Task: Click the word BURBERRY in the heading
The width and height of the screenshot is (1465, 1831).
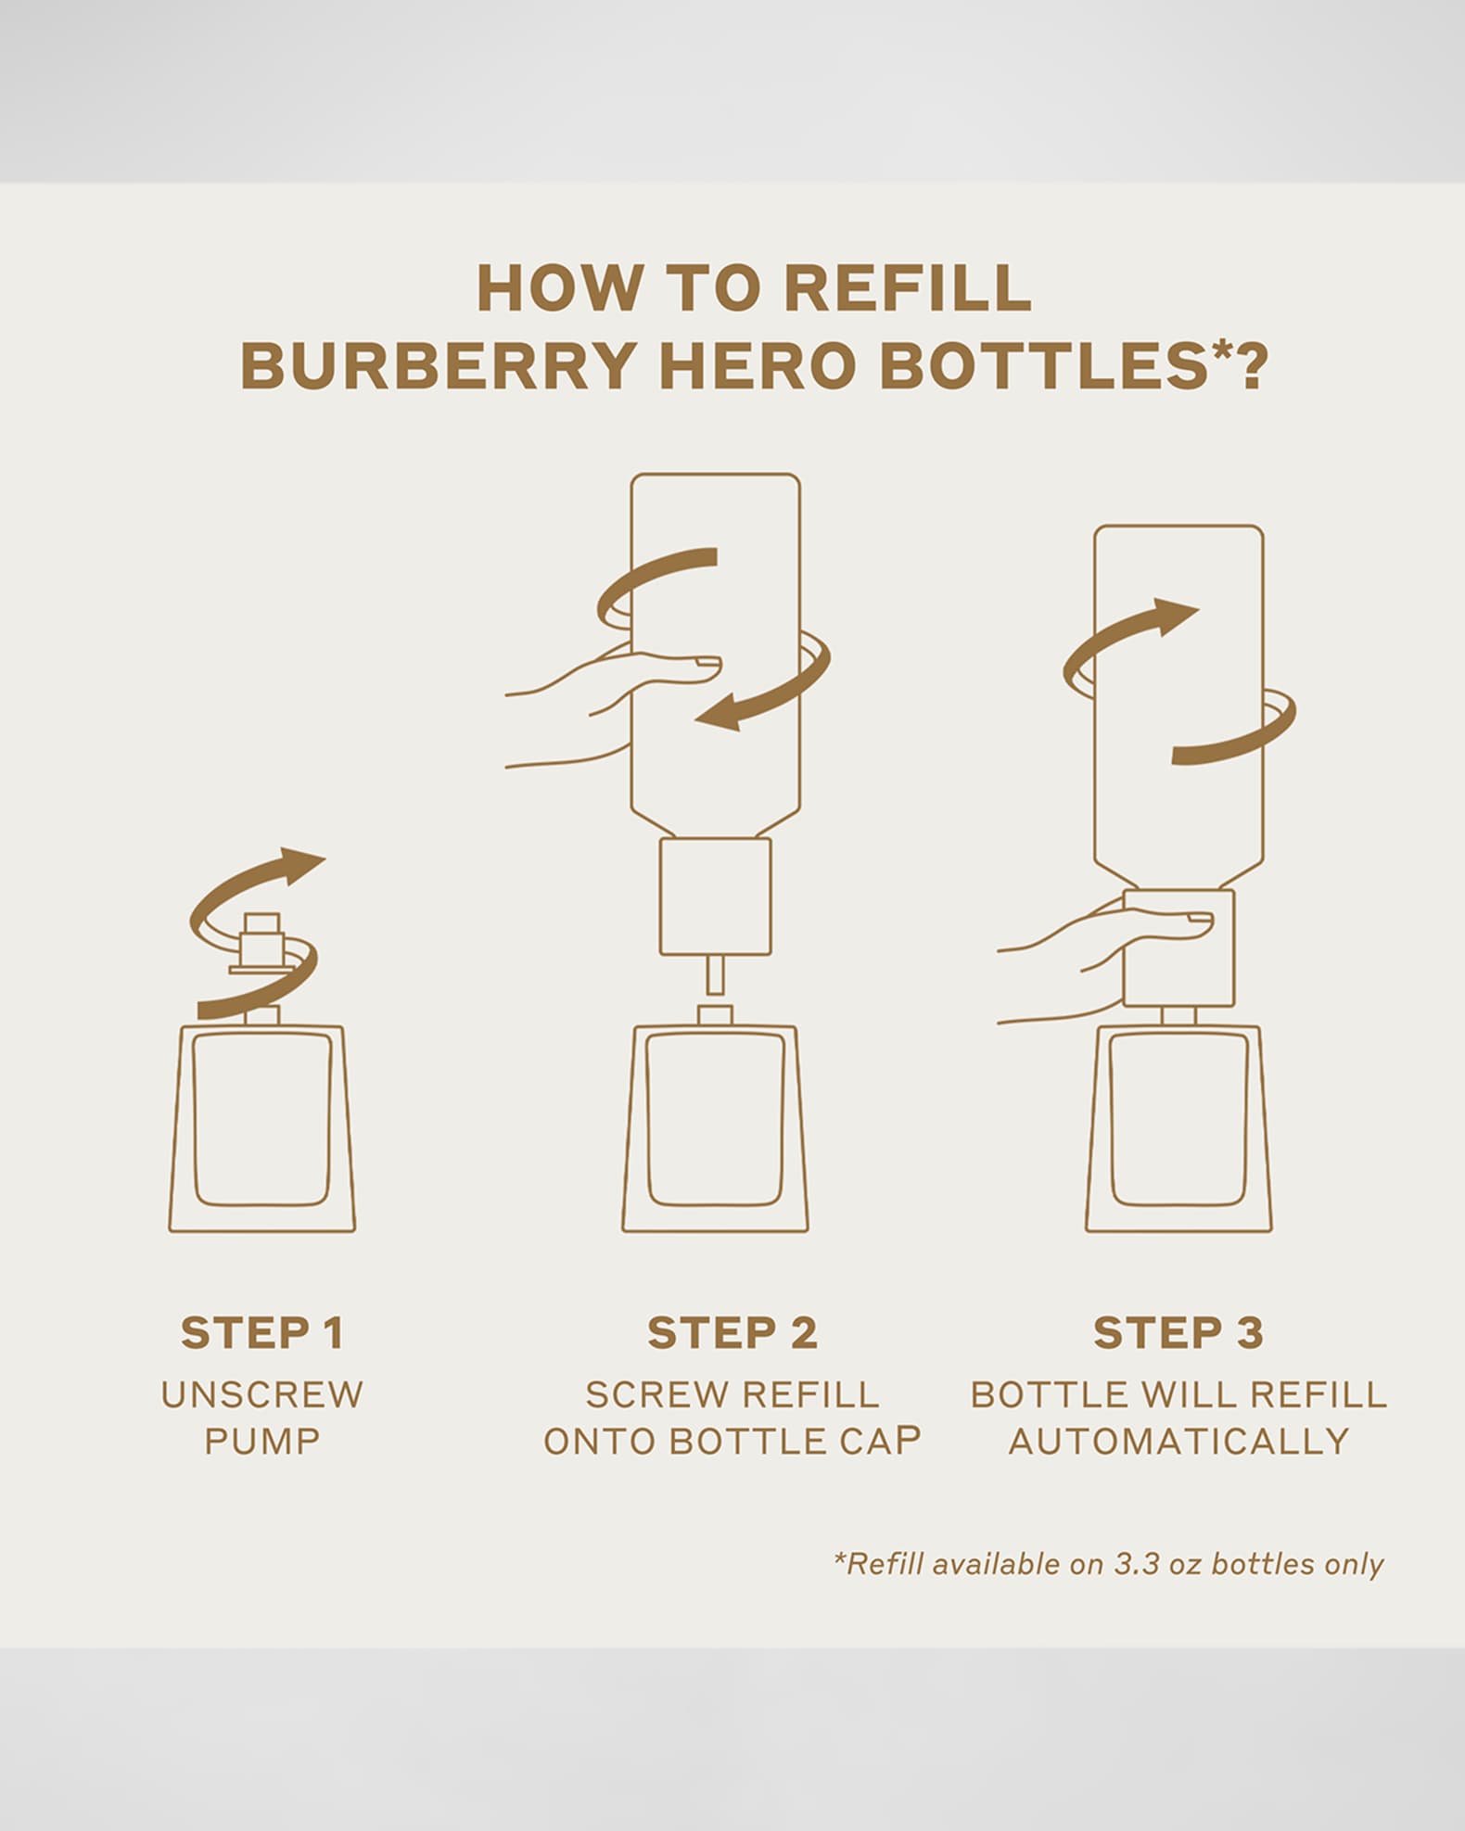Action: tap(438, 365)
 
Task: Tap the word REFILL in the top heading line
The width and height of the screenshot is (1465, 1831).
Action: tap(908, 287)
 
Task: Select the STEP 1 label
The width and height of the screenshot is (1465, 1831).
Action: tap(262, 1333)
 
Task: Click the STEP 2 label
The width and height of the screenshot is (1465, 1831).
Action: tap(732, 1333)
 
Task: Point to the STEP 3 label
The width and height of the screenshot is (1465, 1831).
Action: tap(1178, 1333)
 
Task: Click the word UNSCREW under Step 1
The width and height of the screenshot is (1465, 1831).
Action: tap(262, 1394)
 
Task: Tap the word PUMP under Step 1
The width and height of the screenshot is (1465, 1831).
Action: tap(262, 1442)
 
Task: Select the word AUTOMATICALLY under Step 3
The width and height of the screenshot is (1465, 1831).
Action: tap(1178, 1442)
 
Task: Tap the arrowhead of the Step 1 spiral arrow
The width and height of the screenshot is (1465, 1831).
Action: tap(301, 861)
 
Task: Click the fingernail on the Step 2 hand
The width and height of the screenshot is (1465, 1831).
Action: tap(708, 663)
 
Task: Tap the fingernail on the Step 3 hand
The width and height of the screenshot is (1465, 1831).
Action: tap(1200, 920)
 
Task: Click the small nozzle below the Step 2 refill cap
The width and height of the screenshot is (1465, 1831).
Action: tap(715, 974)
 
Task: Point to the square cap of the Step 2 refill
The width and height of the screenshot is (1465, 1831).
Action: tap(715, 896)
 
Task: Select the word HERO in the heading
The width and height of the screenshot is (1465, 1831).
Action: tap(758, 365)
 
